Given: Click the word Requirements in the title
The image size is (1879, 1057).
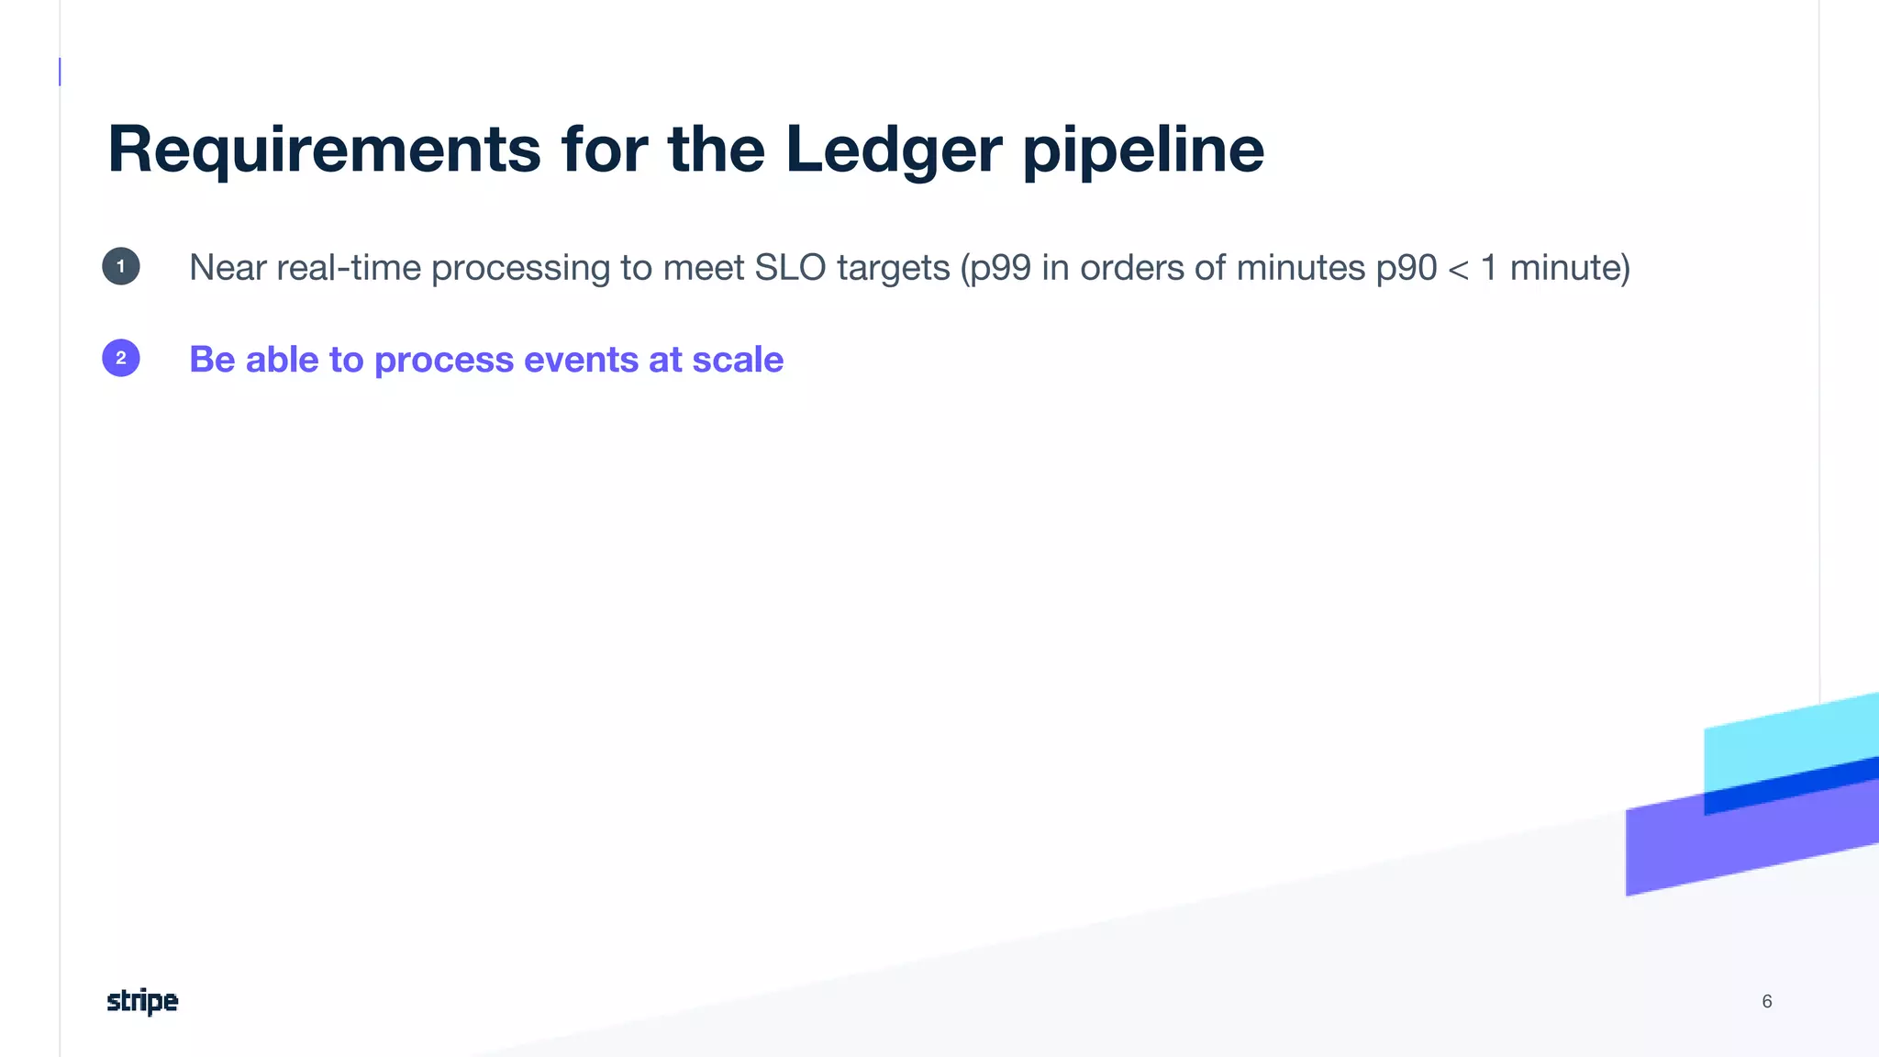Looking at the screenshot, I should point(324,150).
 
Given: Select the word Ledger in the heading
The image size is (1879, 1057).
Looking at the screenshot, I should point(893,150).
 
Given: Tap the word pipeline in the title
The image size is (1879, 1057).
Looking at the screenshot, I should point(1143,150).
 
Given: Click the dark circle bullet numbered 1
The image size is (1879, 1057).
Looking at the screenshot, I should point(121,267).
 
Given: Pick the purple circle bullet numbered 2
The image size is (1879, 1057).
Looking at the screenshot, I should point(121,358).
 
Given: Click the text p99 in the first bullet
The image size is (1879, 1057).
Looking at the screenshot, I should point(1000,268).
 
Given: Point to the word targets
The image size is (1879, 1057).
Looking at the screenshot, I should point(893,268).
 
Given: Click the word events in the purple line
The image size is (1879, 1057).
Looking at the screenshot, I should point(581,360).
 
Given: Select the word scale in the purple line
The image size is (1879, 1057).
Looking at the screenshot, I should point(738,360).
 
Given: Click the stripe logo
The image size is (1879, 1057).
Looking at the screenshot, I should point(142,1001).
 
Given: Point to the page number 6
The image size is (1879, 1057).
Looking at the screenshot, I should point(1766,1001).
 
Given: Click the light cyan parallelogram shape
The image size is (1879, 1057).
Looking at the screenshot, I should point(1789,743).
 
